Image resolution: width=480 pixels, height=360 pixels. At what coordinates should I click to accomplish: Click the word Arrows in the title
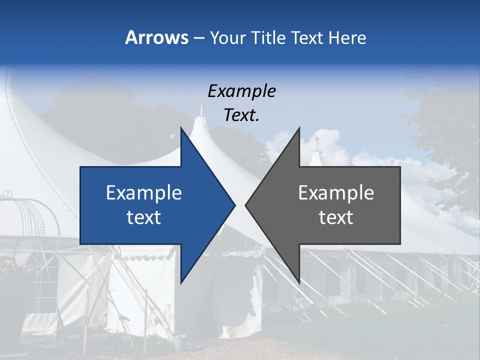(x=157, y=37)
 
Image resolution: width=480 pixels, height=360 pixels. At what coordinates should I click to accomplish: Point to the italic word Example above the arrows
(x=241, y=91)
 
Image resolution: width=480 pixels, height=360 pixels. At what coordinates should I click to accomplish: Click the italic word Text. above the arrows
(x=241, y=115)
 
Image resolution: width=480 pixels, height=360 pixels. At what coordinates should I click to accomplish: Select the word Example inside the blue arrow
(x=144, y=192)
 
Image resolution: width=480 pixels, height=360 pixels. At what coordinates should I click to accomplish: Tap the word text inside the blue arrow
(x=144, y=217)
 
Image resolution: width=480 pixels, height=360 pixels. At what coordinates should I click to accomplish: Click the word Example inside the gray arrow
(x=336, y=192)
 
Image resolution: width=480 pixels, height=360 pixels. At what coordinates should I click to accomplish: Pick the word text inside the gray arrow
(x=336, y=217)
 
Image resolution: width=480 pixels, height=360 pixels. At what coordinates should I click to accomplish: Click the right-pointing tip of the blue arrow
(x=234, y=205)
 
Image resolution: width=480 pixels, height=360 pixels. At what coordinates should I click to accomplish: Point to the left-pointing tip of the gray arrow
(x=245, y=205)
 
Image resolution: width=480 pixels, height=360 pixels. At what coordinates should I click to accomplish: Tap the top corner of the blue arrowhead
(x=181, y=128)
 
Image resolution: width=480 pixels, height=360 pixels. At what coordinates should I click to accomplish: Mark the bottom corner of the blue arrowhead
(x=181, y=283)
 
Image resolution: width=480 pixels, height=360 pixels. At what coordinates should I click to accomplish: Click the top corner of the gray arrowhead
(x=299, y=128)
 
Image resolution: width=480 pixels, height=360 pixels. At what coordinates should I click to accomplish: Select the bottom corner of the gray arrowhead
(x=299, y=283)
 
